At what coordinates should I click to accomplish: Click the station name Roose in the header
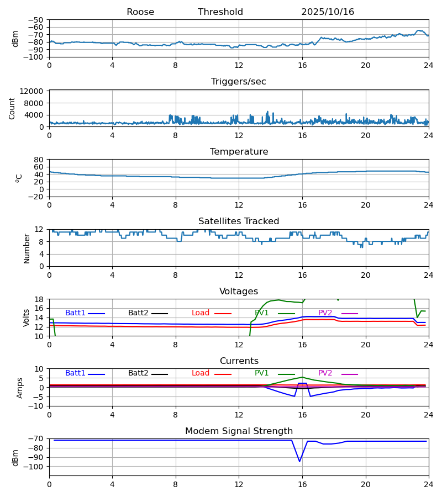(x=140, y=12)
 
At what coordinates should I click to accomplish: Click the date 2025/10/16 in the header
(x=328, y=12)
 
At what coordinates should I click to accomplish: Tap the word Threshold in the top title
(x=220, y=12)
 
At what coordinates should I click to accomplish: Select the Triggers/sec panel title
(x=239, y=82)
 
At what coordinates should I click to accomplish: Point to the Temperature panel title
(x=239, y=152)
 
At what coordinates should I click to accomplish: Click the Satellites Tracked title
(x=239, y=221)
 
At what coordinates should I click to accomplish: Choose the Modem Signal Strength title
(x=239, y=431)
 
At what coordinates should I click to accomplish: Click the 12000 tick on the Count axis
(x=35, y=91)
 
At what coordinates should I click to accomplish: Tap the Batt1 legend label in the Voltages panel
(x=75, y=313)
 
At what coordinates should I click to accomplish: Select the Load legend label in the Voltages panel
(x=201, y=313)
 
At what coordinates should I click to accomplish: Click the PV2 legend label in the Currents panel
(x=325, y=373)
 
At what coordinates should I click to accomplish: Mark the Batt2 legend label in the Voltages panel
(x=138, y=313)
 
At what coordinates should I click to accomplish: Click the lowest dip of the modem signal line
(x=299, y=462)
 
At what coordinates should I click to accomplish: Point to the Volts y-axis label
(x=27, y=318)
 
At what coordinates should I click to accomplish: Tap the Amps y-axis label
(x=20, y=388)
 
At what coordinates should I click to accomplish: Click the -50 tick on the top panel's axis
(x=36, y=20)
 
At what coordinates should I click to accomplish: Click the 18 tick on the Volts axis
(x=39, y=299)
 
